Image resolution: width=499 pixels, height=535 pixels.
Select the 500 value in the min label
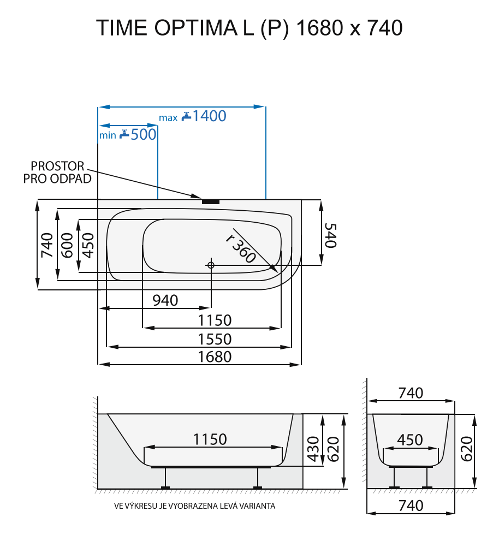point(144,134)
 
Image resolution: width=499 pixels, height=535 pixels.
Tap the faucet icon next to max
point(187,116)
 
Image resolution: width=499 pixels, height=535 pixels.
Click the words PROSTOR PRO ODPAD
point(57,172)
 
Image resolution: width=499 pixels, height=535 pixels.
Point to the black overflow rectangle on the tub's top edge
point(211,201)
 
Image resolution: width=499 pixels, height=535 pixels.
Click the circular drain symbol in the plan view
point(211,265)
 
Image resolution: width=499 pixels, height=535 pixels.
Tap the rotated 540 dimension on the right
point(330,235)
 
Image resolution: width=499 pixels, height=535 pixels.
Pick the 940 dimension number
point(165,300)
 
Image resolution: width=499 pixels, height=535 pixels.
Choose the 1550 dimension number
point(215,339)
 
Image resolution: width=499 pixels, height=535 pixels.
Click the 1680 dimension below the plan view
point(215,356)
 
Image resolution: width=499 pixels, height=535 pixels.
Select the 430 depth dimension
point(313,449)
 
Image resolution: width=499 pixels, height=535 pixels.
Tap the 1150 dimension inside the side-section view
point(210,439)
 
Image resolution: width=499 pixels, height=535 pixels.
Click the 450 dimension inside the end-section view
point(410,440)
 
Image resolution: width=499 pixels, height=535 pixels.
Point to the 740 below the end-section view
point(411,505)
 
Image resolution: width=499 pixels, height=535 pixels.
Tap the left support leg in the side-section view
point(165,479)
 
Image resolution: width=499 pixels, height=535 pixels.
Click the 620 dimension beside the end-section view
point(466,449)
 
